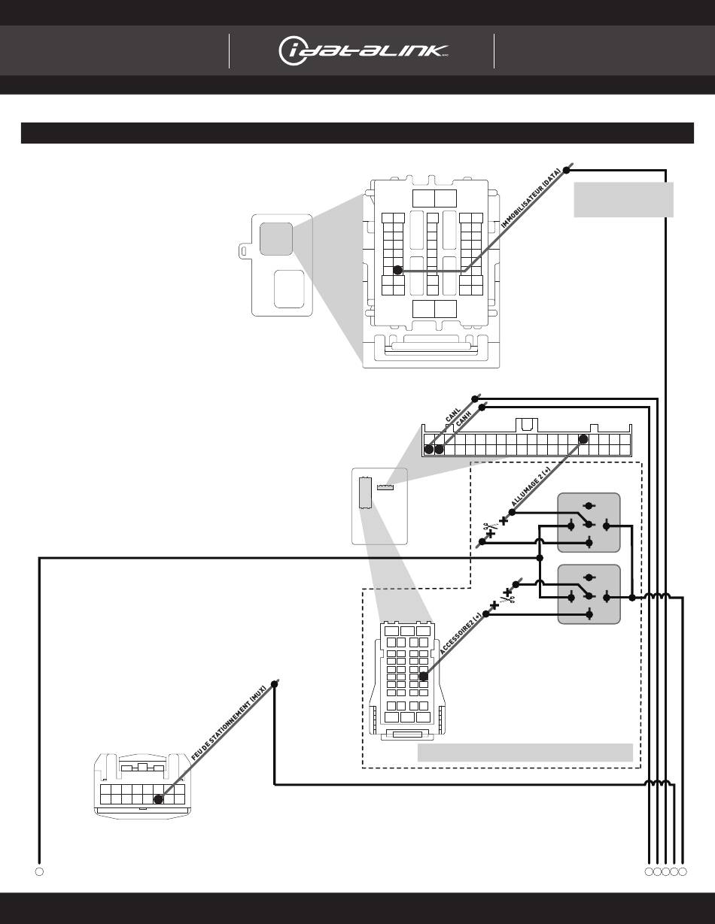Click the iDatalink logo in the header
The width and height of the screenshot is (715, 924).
[363, 51]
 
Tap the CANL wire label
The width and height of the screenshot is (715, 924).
[453, 416]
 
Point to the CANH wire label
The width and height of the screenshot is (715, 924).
[464, 419]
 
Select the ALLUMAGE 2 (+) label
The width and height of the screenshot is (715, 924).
[531, 486]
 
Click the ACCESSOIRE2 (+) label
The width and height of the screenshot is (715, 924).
[461, 633]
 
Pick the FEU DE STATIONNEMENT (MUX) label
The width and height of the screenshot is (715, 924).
[229, 723]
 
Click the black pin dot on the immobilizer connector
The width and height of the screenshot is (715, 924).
[397, 270]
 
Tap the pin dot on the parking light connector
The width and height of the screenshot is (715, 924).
[158, 799]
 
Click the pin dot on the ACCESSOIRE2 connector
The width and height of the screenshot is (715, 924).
[424, 676]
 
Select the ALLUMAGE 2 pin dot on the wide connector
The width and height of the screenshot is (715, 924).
[583, 439]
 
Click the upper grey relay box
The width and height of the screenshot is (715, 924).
[589, 523]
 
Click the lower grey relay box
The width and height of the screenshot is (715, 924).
[589, 594]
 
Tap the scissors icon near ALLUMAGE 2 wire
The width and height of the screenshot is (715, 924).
[488, 527]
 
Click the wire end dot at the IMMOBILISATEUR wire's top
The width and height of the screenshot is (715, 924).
[567, 170]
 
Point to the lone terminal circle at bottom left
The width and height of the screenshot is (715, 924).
[39, 871]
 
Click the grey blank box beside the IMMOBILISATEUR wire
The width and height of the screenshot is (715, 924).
[623, 200]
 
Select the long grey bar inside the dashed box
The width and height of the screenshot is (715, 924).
[525, 753]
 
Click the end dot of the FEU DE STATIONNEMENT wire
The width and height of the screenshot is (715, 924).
[275, 684]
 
